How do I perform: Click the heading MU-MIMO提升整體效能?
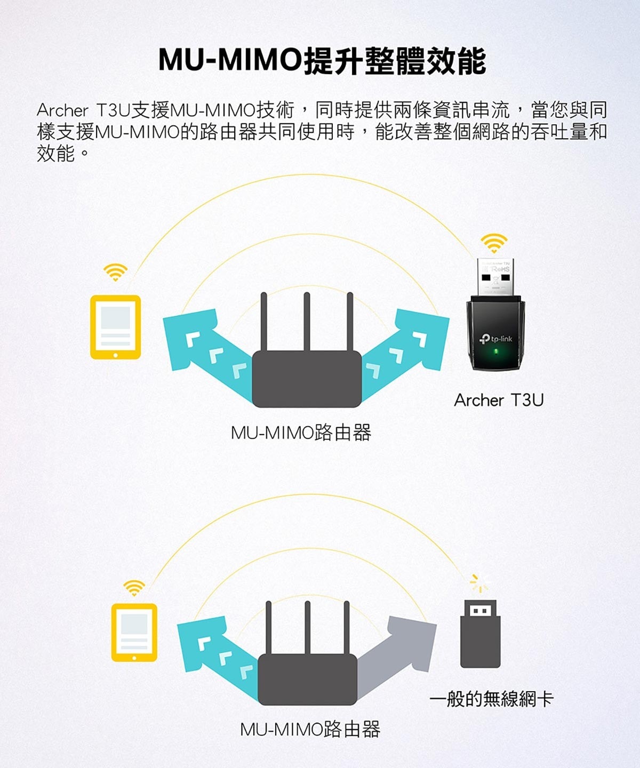322,60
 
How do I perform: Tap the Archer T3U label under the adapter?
499,400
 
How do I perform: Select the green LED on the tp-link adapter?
495,351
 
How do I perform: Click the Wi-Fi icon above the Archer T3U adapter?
494,243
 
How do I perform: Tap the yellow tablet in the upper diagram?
116,327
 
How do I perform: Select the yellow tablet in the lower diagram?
134,633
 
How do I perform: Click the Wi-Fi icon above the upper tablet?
116,273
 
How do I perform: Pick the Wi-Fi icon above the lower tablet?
134,588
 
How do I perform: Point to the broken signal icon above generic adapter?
479,583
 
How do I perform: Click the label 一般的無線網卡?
491,698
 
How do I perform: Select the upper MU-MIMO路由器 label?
301,433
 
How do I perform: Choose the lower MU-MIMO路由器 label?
310,729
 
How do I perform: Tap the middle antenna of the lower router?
308,628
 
